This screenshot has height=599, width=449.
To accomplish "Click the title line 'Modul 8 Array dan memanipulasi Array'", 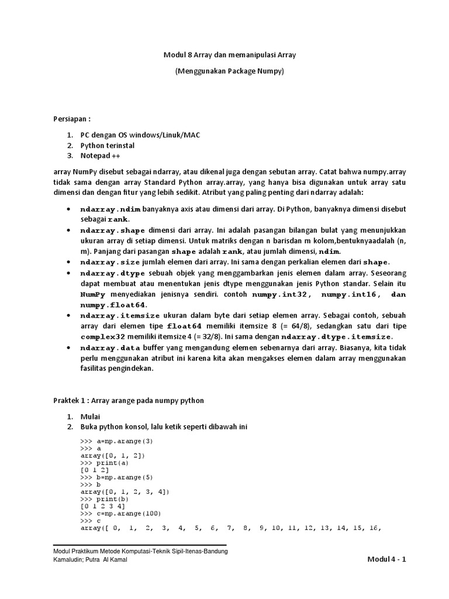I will pos(229,55).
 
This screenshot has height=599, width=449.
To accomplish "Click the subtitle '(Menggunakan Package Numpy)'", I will pos(229,71).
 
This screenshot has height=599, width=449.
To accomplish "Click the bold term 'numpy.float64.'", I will pos(114,305).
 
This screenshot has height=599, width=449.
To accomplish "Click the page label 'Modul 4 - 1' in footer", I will pos(386,559).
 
